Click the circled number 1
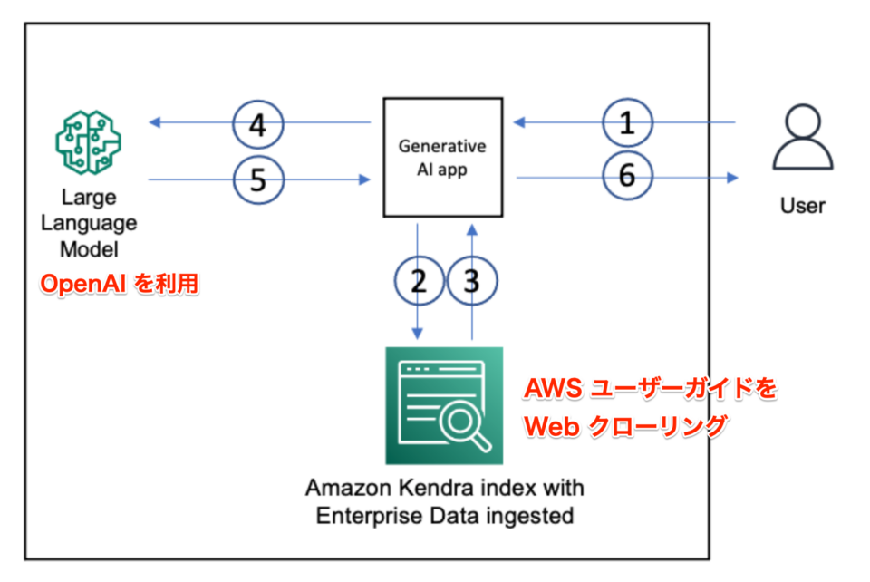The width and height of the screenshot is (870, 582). pyautogui.click(x=626, y=123)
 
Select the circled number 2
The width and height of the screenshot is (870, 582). pyautogui.click(x=419, y=281)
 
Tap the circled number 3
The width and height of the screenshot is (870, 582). pyautogui.click(x=471, y=281)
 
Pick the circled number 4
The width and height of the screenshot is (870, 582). pyautogui.click(x=258, y=123)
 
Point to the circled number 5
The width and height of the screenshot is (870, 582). pyautogui.click(x=258, y=179)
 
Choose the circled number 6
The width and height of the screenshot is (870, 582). pyautogui.click(x=626, y=177)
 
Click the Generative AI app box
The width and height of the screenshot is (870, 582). pyautogui.click(x=443, y=157)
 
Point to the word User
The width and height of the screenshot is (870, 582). pyautogui.click(x=802, y=206)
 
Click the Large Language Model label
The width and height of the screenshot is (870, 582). pyautogui.click(x=87, y=223)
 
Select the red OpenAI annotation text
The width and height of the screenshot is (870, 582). pyautogui.click(x=118, y=284)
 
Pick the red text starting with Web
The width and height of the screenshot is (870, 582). pyautogui.click(x=626, y=425)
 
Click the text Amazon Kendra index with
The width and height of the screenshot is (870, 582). pyautogui.click(x=444, y=488)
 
